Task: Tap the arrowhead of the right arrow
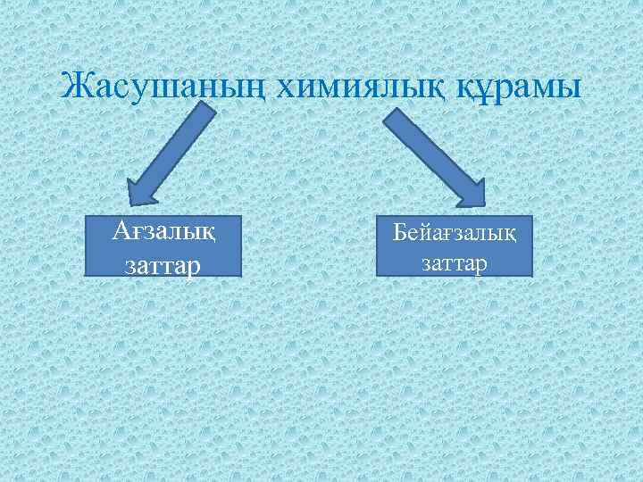coord(468,193)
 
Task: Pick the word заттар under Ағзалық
coord(163,264)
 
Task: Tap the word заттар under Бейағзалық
coord(455,263)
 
